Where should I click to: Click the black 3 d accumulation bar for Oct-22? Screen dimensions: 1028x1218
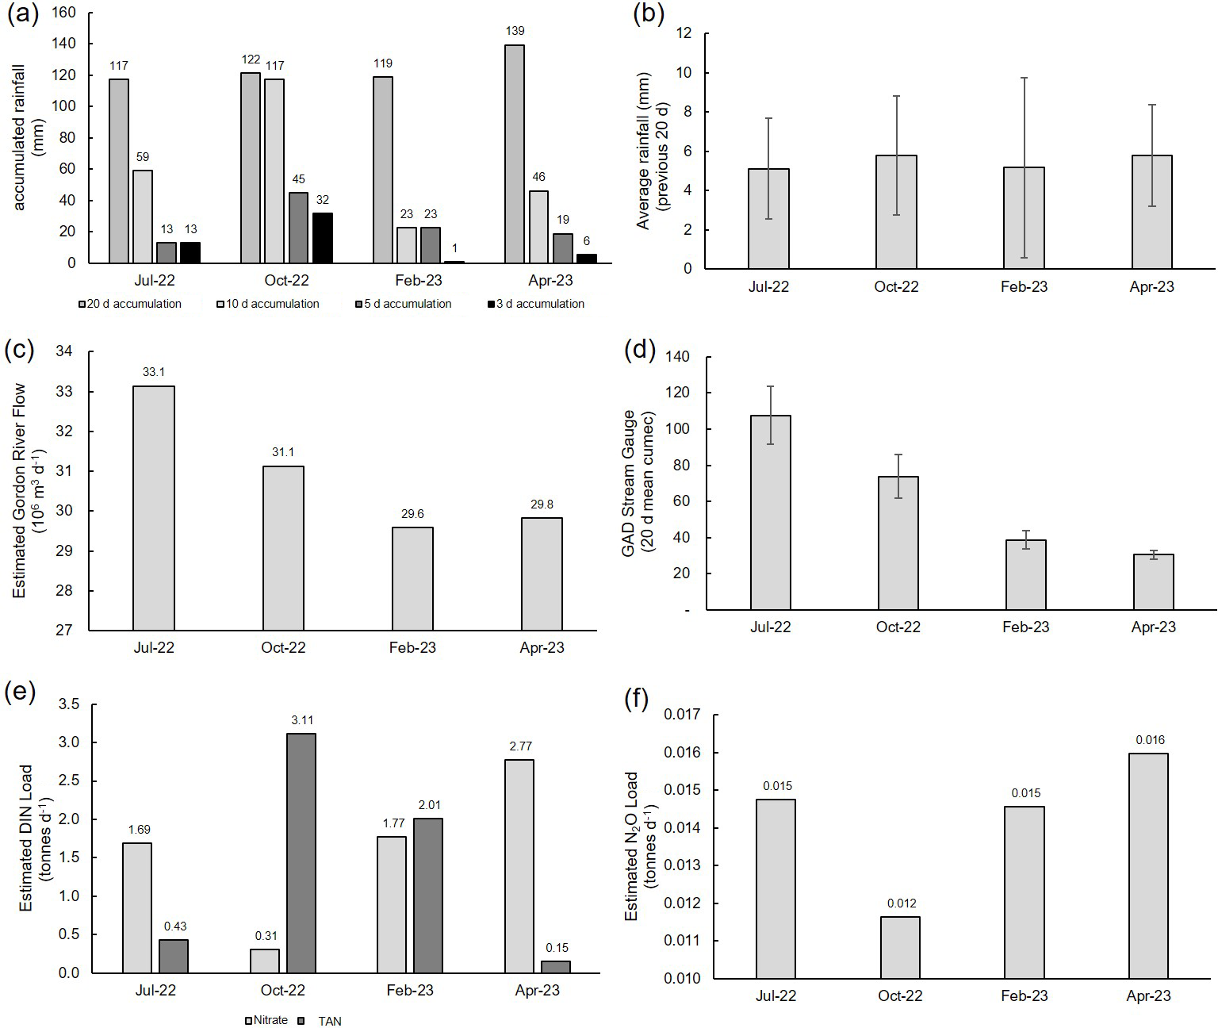(x=322, y=238)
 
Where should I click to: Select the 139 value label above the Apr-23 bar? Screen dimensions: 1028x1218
(x=515, y=31)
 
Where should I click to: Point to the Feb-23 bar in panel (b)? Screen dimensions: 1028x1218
(x=1025, y=218)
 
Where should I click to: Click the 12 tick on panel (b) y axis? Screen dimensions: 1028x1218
(x=684, y=33)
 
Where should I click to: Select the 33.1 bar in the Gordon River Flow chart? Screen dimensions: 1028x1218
(x=154, y=508)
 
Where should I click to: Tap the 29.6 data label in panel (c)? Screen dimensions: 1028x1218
(x=412, y=514)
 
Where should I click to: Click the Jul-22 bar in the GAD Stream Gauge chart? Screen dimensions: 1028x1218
(x=771, y=512)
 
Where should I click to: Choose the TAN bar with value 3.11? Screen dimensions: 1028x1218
(x=301, y=853)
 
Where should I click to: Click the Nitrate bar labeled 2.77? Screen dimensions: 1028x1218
(x=519, y=866)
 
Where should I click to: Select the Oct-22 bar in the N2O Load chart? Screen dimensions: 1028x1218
(x=901, y=948)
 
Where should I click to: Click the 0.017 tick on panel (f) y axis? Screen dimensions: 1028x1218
(x=684, y=715)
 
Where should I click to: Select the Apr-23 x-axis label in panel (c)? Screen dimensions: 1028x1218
(x=542, y=647)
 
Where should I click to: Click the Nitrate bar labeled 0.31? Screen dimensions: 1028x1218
(x=265, y=961)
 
